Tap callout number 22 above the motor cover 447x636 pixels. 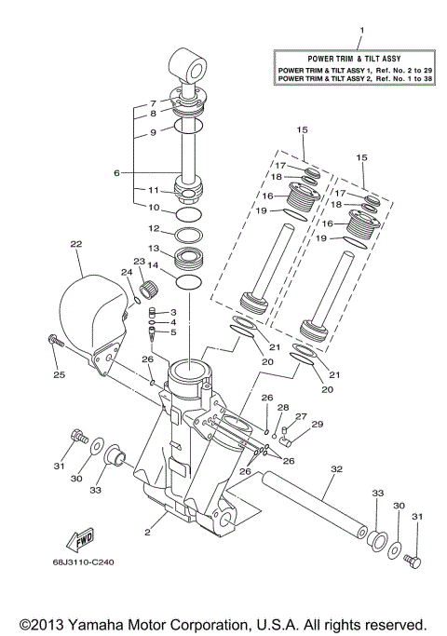[x=76, y=244]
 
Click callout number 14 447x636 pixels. [x=155, y=265]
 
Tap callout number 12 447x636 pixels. [x=155, y=228]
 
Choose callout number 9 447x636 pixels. [x=154, y=132]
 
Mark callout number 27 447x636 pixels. [x=301, y=416]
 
